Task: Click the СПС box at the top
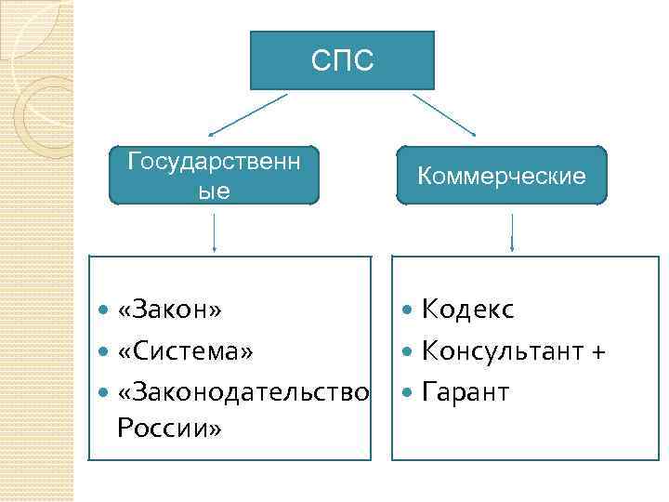click(342, 60)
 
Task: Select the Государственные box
click(214, 175)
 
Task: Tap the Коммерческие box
click(502, 175)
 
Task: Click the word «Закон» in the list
click(170, 309)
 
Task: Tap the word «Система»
click(185, 351)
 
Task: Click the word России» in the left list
click(169, 429)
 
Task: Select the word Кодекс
click(467, 309)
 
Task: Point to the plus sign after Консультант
click(598, 352)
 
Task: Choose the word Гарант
click(466, 392)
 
